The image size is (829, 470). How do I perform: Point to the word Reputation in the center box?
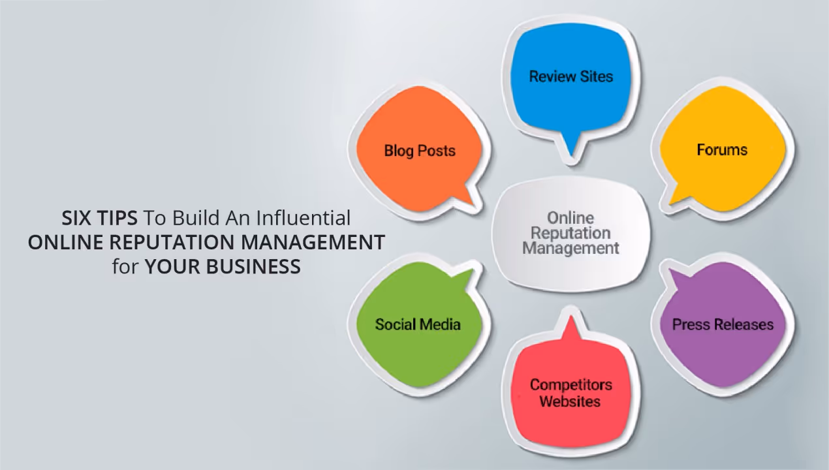click(571, 233)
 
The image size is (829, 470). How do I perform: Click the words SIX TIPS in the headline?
click(100, 217)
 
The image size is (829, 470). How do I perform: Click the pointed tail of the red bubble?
click(572, 324)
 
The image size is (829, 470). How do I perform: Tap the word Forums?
click(722, 150)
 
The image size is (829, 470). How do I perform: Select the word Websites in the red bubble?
click(570, 401)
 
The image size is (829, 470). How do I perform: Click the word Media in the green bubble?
click(441, 324)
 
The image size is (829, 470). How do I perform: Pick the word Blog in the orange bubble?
click(398, 151)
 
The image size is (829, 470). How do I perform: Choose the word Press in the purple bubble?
click(692, 324)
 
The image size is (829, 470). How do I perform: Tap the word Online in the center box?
click(571, 217)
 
